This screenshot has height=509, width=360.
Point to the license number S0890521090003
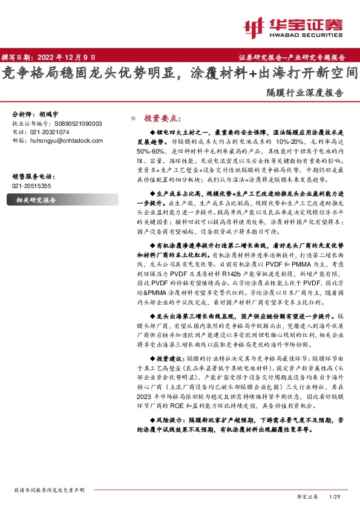(x=73, y=123)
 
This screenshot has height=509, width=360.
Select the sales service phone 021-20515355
(x=32, y=186)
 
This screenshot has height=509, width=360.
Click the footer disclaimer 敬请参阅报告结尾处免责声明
(x=49, y=490)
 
